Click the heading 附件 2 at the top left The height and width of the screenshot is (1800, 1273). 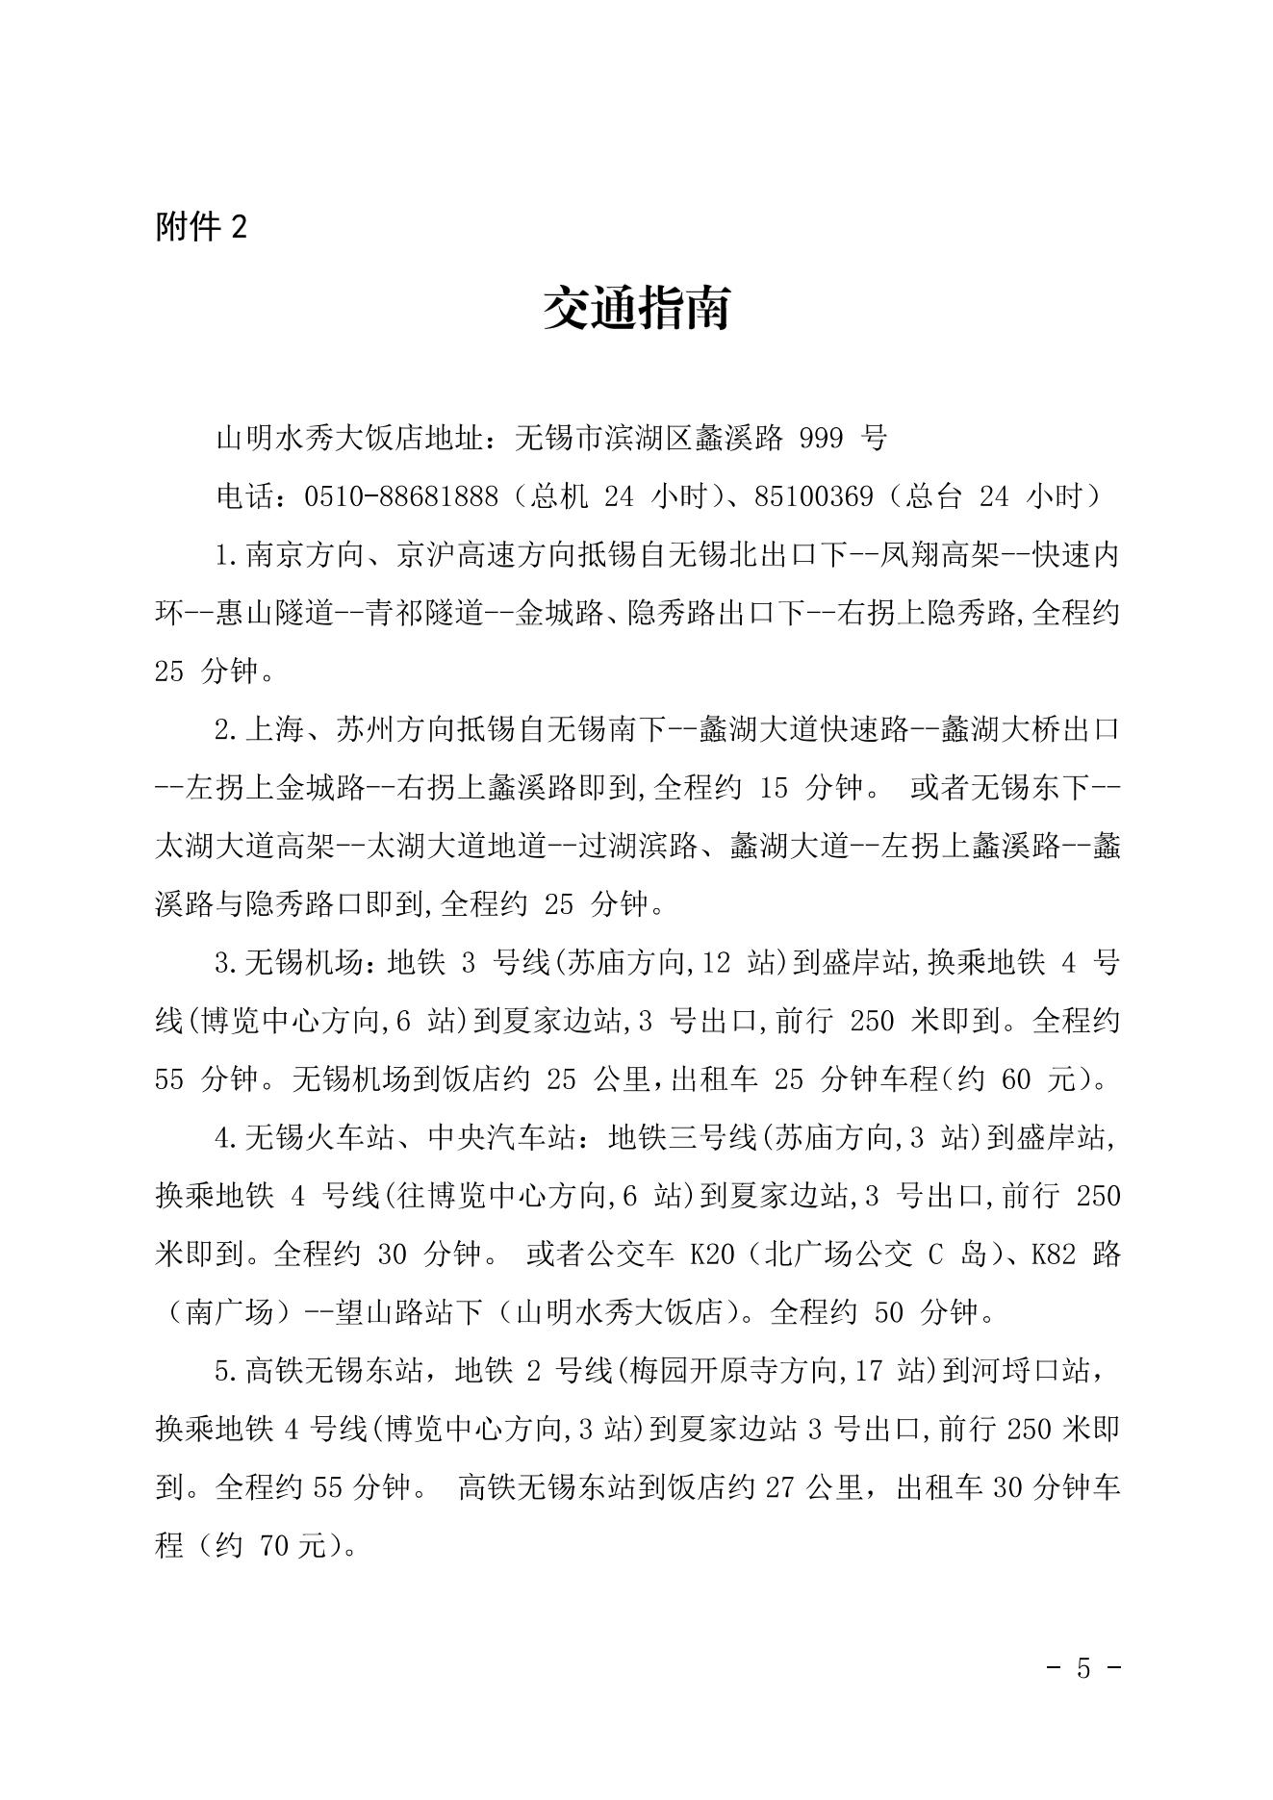tap(201, 227)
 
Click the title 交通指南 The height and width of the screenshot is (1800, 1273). tap(636, 309)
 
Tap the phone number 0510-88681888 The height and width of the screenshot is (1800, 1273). tap(400, 496)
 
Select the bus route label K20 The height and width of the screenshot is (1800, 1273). tap(712, 1255)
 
